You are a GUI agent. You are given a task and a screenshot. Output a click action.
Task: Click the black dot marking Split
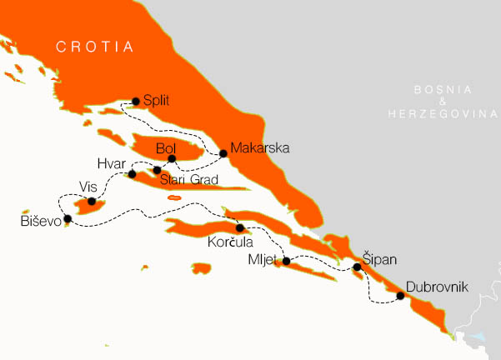135,102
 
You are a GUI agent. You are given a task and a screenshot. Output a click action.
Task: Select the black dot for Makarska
223,153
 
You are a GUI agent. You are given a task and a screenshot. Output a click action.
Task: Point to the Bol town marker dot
172,158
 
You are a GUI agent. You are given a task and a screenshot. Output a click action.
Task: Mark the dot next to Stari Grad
157,170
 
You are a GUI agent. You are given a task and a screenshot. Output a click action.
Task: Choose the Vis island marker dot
91,201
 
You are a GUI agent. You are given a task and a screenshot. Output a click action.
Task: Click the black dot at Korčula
239,227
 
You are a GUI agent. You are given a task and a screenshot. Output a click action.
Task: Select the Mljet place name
263,258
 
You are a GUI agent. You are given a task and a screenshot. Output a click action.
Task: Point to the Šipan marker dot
357,267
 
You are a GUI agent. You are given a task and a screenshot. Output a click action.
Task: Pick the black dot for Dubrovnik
400,296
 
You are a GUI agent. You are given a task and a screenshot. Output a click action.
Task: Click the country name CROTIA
95,48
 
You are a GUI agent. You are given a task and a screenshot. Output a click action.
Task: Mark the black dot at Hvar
132,174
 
